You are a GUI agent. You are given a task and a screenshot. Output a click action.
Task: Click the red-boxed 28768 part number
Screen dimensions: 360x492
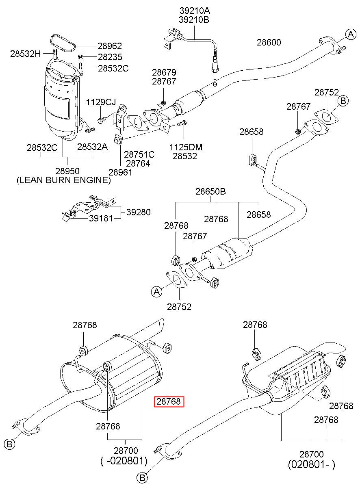(169, 401)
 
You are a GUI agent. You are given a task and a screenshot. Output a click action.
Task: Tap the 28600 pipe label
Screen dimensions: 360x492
(269, 42)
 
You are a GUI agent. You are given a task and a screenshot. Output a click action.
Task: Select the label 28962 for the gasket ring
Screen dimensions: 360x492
(110, 46)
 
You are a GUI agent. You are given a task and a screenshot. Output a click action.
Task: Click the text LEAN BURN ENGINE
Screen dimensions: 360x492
(64, 180)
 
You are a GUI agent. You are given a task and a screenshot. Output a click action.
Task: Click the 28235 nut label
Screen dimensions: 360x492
(110, 57)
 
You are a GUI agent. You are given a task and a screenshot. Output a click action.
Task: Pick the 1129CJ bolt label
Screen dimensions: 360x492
(101, 102)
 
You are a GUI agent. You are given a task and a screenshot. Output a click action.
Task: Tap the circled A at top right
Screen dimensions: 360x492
(351, 34)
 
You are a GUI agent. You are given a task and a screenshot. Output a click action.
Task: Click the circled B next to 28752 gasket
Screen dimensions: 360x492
(343, 101)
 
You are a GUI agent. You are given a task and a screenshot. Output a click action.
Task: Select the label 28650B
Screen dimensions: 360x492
(210, 191)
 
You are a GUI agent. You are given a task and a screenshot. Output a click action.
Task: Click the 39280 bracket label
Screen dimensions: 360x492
(139, 212)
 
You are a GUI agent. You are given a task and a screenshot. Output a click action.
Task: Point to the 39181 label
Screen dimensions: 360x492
(101, 218)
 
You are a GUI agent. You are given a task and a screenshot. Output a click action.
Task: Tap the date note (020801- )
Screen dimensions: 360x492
(311, 464)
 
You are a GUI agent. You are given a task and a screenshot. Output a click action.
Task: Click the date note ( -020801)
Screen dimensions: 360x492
(124, 461)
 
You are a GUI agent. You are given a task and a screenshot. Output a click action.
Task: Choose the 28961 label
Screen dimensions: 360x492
(120, 172)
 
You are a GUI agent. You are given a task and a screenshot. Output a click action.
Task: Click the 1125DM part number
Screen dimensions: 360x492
(186, 147)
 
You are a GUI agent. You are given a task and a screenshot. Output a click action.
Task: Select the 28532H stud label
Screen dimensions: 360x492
(26, 54)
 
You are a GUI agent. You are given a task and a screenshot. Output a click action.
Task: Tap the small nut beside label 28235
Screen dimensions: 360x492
(80, 57)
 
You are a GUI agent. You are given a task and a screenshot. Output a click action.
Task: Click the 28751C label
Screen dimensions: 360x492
(139, 155)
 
